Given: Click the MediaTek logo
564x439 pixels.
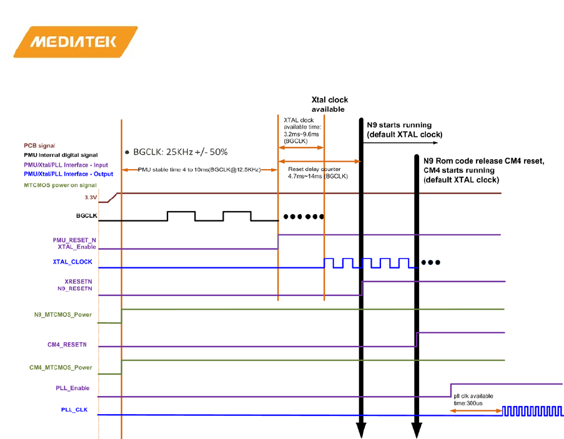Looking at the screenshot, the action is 74,42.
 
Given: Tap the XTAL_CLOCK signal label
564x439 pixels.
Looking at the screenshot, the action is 72,262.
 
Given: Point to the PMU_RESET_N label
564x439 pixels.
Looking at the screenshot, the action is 74,240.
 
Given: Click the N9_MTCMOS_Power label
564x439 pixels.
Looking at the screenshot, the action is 62,315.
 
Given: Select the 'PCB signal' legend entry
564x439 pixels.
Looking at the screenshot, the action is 41,146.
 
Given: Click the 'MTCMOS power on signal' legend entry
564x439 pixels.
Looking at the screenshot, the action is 60,185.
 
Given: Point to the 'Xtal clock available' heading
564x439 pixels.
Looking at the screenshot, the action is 330,104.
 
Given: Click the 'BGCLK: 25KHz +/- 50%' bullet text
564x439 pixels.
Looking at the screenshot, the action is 180,152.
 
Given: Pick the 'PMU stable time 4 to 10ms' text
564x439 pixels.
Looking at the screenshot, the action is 199,170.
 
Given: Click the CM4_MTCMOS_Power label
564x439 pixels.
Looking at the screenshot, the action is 61,367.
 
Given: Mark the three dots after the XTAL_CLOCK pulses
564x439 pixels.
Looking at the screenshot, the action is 431,262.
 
